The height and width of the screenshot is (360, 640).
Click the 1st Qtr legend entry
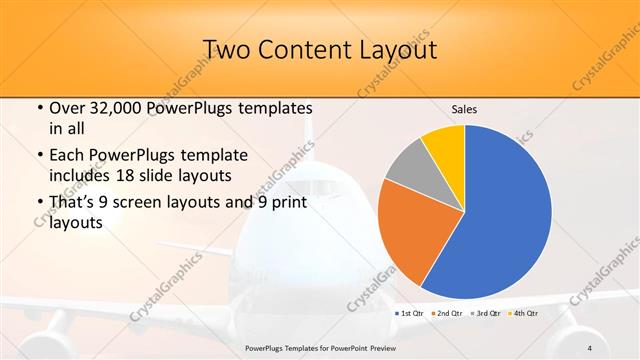(x=411, y=313)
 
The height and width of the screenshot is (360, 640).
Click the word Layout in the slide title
(x=396, y=49)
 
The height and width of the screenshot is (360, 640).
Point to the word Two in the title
(x=226, y=49)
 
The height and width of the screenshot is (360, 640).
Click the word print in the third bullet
(x=286, y=203)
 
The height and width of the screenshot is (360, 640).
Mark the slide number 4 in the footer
(x=590, y=348)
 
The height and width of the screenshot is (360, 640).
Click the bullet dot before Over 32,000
(x=39, y=109)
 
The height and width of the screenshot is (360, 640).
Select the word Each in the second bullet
(x=67, y=155)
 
